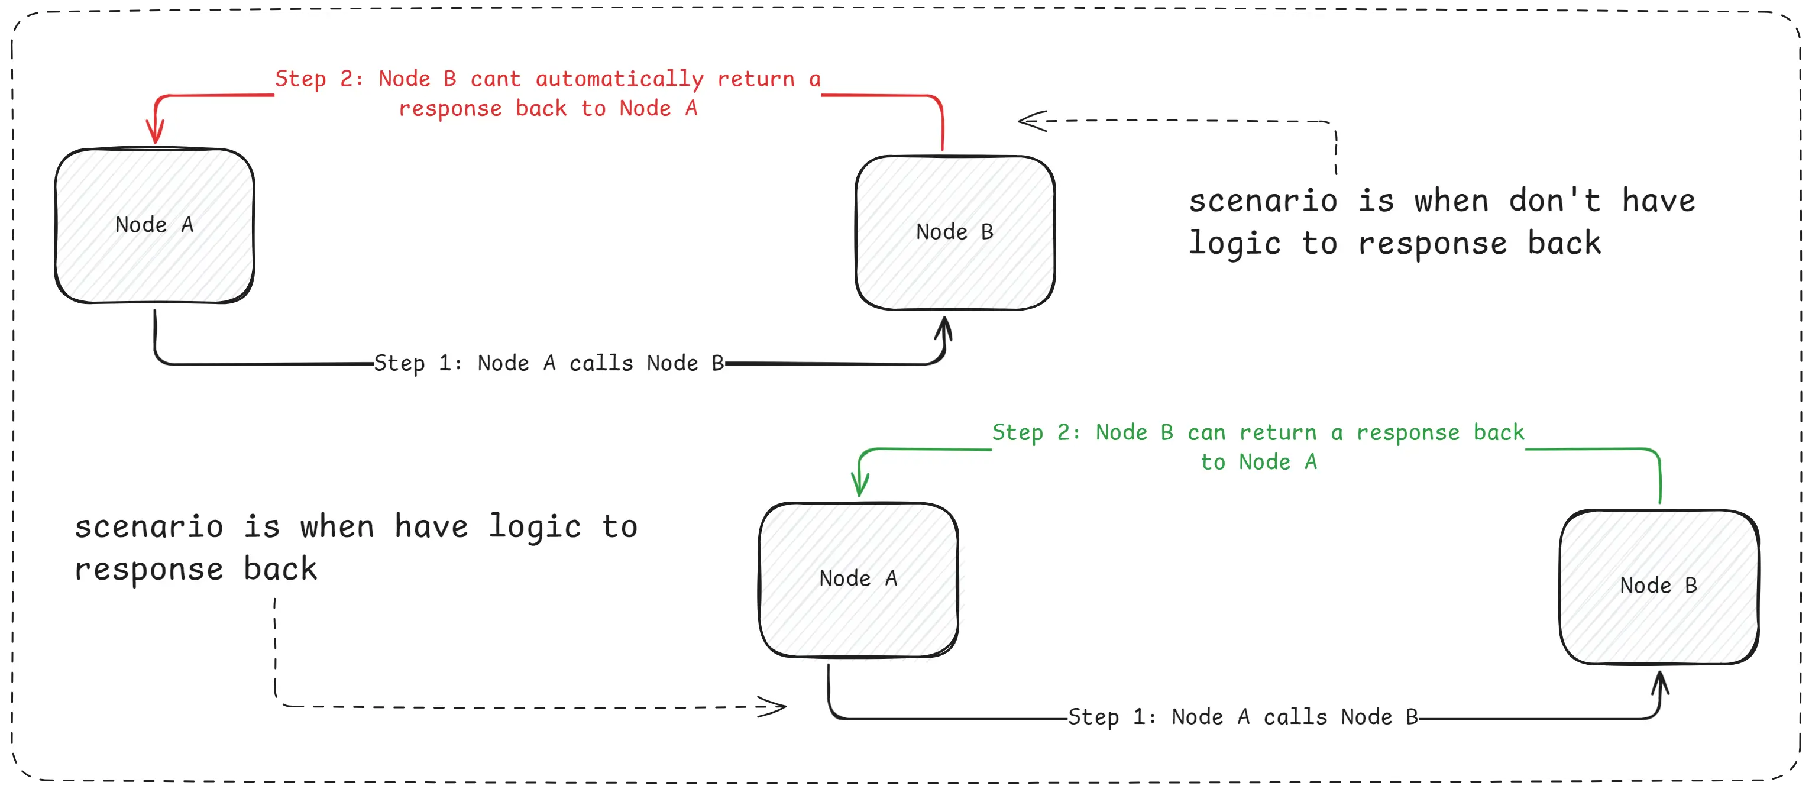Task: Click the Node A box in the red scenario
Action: [155, 226]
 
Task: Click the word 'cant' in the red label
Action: [495, 79]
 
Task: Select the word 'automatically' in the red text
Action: [619, 79]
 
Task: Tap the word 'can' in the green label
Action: [1206, 432]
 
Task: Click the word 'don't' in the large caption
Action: [1555, 201]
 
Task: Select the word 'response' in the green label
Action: [1407, 432]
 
